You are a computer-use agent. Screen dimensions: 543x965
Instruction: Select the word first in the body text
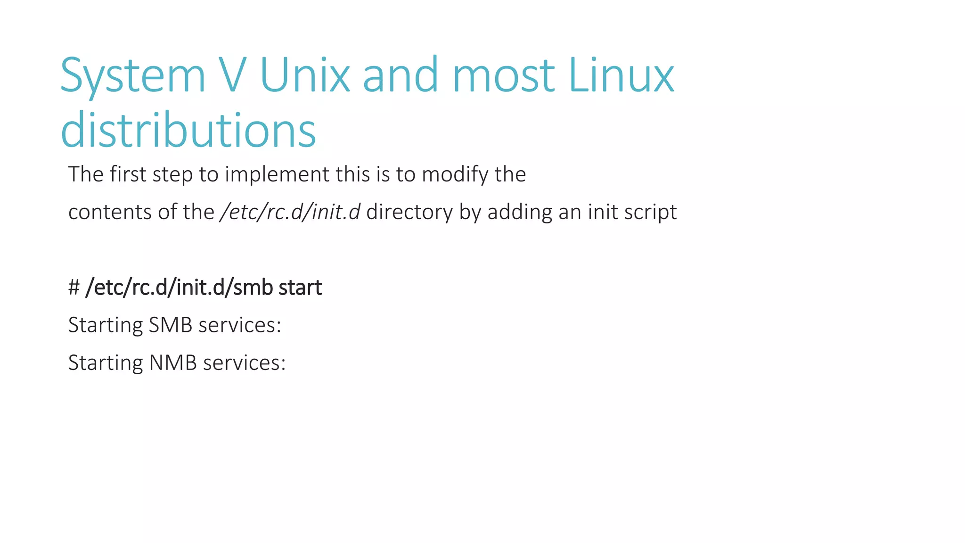pyautogui.click(x=128, y=174)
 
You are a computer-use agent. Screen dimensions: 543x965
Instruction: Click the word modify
pyautogui.click(x=455, y=174)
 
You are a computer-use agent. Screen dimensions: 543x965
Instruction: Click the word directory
pyautogui.click(x=409, y=212)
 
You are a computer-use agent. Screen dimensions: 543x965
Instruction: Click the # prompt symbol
pyautogui.click(x=74, y=288)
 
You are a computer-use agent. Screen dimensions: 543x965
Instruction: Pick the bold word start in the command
pyautogui.click(x=300, y=288)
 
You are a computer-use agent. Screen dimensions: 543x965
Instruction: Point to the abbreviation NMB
pyautogui.click(x=173, y=363)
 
